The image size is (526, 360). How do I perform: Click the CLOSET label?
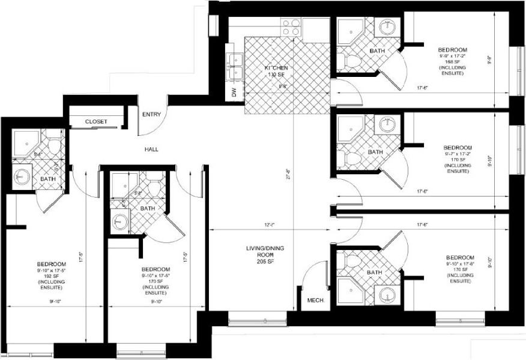96,121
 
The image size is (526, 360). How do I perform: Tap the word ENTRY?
150,115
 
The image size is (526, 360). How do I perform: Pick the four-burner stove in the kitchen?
291,28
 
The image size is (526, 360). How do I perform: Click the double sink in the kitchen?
235,66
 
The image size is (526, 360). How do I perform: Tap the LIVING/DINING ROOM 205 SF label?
260,254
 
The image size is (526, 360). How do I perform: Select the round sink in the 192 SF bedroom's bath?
22,177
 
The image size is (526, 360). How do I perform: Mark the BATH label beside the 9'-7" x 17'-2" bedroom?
375,152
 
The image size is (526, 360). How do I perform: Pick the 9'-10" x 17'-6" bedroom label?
459,269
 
